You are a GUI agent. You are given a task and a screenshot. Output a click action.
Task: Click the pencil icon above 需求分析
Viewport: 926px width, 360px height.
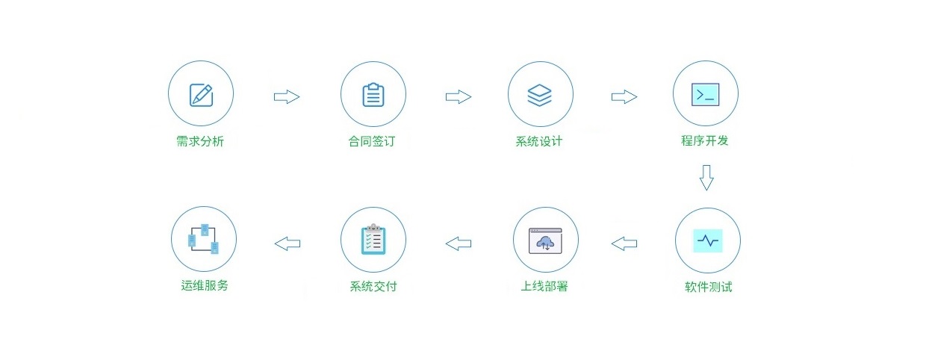201,94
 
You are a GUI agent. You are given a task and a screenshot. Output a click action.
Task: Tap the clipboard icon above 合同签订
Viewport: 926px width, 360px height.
373,95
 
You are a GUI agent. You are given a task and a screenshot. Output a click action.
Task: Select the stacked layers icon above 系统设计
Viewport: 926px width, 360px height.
539,95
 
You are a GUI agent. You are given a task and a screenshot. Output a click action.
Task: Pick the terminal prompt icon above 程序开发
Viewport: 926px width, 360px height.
705,94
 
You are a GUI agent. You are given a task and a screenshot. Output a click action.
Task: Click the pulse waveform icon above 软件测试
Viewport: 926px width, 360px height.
707,240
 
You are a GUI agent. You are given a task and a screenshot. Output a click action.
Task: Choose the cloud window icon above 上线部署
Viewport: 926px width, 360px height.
546,240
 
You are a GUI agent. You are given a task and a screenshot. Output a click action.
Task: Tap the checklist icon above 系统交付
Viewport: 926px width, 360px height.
373,239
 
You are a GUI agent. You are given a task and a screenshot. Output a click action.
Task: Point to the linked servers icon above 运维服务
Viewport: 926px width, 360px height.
203,239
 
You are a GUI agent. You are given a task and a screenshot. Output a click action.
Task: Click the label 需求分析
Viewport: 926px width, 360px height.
200,142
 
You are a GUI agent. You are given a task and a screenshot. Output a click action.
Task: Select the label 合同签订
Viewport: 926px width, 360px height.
372,142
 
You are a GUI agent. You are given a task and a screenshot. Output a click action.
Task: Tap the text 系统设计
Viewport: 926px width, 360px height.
538,142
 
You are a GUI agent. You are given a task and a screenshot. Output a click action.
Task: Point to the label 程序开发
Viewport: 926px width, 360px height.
704,140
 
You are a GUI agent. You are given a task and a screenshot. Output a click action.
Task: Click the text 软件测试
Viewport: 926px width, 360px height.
708,287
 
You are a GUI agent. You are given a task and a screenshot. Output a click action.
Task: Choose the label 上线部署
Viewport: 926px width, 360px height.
544,287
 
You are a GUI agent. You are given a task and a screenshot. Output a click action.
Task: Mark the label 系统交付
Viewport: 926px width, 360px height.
373,287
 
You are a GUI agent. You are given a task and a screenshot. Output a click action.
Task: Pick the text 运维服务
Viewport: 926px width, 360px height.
205,285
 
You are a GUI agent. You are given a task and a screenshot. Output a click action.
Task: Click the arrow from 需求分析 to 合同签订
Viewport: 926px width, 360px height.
287,96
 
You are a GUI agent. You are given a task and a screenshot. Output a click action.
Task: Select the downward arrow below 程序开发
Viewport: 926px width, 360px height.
706,178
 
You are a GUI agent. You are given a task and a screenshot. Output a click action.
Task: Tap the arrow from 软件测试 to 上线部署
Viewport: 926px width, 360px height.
624,243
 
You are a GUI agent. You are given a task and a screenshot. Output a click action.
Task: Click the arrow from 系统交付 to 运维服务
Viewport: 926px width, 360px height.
288,243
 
